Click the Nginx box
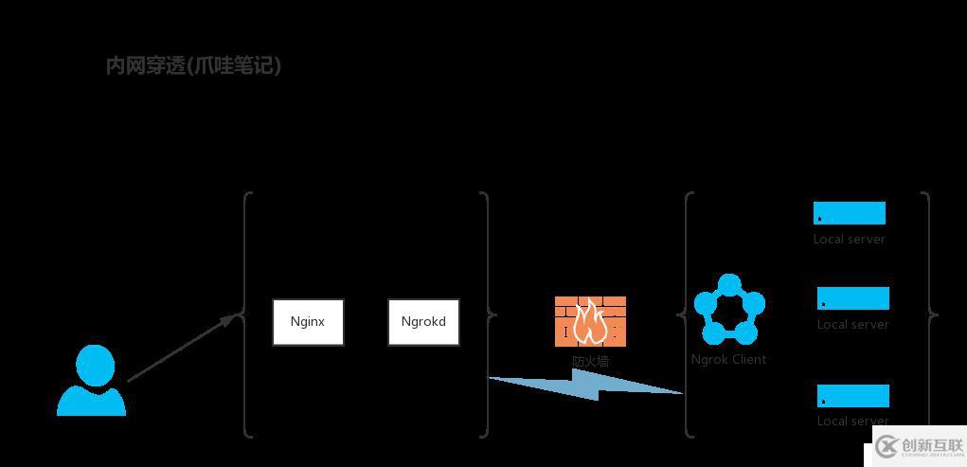(308, 321)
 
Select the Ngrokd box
(423, 321)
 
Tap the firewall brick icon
(590, 320)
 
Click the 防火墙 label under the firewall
(590, 361)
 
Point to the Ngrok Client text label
(728, 359)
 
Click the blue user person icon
(92, 381)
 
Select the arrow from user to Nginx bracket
(180, 349)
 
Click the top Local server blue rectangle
(849, 213)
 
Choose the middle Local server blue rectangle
(852, 298)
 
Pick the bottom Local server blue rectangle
(852, 395)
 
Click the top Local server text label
(849, 239)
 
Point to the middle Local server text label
(852, 324)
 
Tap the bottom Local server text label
(852, 421)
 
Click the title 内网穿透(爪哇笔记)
(193, 65)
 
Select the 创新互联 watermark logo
(918, 445)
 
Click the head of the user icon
(95, 364)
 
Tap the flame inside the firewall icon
(590, 322)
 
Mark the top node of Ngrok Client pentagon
(728, 284)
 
